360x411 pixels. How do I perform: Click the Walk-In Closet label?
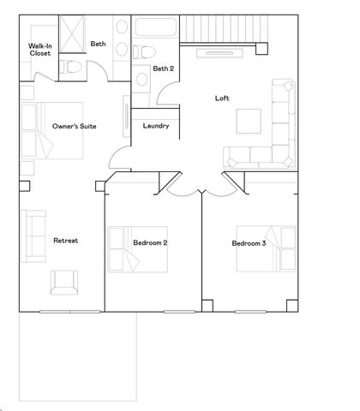pyautogui.click(x=39, y=49)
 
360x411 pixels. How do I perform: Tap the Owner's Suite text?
pyautogui.click(x=74, y=126)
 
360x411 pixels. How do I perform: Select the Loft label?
pyautogui.click(x=222, y=98)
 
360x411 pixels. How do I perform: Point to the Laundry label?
pyautogui.click(x=155, y=126)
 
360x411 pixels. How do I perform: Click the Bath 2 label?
pyautogui.click(x=163, y=68)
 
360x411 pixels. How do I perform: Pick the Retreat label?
pyautogui.click(x=65, y=241)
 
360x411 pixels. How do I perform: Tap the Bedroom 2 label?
pyautogui.click(x=150, y=243)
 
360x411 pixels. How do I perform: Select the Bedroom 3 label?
pyautogui.click(x=249, y=243)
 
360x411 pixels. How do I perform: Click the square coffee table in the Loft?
pyautogui.click(x=249, y=121)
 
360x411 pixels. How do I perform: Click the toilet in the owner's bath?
pyautogui.click(x=73, y=65)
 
